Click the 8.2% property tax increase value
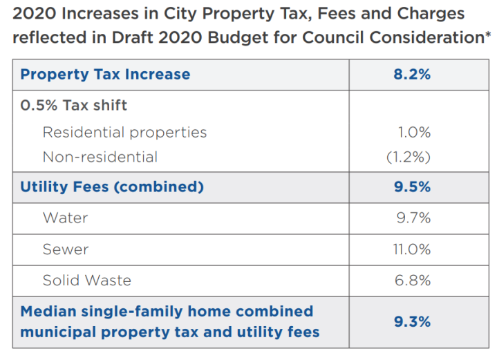coord(412,75)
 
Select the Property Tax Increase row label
coord(105,75)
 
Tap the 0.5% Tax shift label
coord(73,106)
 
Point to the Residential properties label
coord(124,132)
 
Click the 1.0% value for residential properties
coord(415,132)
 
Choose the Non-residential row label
coord(100,157)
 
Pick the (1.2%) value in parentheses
coord(409,157)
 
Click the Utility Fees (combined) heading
coord(112,187)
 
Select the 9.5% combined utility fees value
coord(412,187)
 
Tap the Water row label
coord(65,218)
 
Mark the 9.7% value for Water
coord(413,218)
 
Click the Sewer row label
coord(66,249)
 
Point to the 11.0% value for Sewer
coord(412,249)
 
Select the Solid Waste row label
coord(86,280)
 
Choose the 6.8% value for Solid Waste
coord(413,280)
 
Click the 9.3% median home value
coord(412,321)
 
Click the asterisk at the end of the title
coord(488,35)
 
